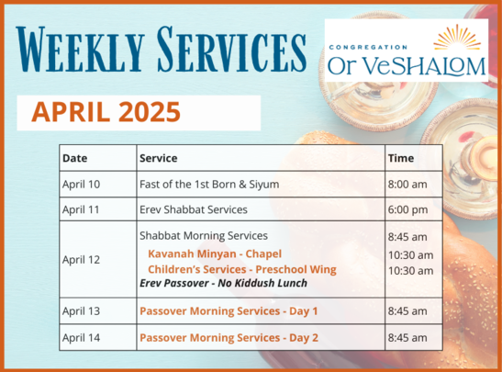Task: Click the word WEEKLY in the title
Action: [x=80, y=50]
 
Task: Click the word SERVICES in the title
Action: [x=231, y=50]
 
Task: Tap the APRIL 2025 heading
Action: [x=106, y=112]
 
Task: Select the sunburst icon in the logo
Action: [x=457, y=37]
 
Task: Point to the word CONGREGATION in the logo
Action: [x=368, y=48]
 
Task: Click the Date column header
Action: [x=75, y=158]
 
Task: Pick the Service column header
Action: [x=159, y=158]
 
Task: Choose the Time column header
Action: [x=401, y=158]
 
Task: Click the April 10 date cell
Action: [x=82, y=185]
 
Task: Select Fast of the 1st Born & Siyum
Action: [x=209, y=185]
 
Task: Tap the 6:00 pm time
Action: [x=407, y=209]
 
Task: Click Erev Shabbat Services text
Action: [x=194, y=209]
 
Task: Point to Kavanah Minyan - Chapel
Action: [x=215, y=254]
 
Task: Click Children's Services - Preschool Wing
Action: [x=242, y=269]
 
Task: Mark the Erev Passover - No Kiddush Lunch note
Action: [x=223, y=283]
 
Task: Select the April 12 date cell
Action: [x=82, y=260]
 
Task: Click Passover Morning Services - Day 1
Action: [x=229, y=311]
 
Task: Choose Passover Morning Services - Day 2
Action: [x=229, y=338]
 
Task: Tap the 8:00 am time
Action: [x=407, y=185]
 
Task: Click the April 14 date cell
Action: [x=82, y=338]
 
